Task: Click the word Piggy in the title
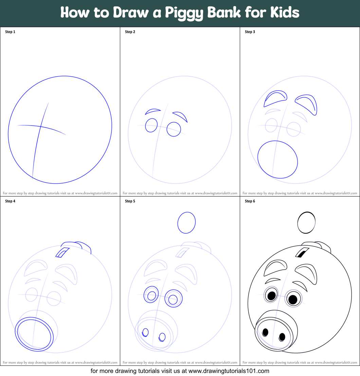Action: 184,13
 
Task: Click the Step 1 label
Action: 10,32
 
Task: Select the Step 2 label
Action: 130,32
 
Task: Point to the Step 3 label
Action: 250,32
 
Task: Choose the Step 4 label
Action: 10,201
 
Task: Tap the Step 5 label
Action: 130,201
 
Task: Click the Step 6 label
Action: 250,201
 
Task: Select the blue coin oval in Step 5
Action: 178,223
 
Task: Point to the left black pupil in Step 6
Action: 271,296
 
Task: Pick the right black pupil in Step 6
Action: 293,299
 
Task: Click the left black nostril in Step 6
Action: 265,332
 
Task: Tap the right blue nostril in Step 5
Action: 162,337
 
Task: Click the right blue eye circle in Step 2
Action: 167,130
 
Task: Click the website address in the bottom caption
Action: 229,371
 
